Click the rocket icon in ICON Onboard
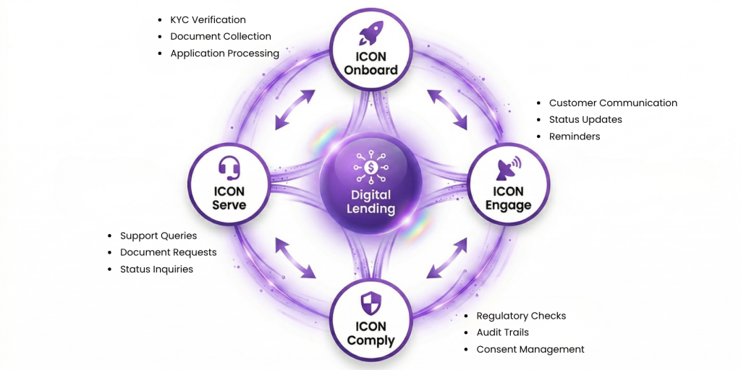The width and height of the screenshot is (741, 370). tap(371, 33)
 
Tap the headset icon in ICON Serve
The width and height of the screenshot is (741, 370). tap(229, 168)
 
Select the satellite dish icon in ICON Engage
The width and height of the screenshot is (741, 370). tap(508, 168)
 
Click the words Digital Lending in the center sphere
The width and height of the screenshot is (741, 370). tap(371, 202)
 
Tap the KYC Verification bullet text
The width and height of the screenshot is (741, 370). tap(208, 20)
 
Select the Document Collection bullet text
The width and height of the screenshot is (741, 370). tap(221, 36)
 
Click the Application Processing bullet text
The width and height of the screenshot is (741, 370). tap(224, 53)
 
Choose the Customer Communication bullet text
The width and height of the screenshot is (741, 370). tap(613, 103)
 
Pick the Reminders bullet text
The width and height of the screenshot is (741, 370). tap(575, 136)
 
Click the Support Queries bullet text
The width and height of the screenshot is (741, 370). tap(158, 236)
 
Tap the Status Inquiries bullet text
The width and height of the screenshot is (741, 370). tap(156, 269)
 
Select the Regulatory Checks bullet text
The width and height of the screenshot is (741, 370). tap(521, 316)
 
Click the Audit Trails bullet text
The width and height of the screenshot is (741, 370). tap(502, 332)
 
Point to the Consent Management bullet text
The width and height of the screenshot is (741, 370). tap(530, 349)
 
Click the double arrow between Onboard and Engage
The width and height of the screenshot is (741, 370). tap(447, 110)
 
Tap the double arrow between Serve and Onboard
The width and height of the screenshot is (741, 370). tap(295, 110)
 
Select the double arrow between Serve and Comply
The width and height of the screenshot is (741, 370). tap(295, 257)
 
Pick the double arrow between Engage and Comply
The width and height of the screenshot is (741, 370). tap(447, 257)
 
